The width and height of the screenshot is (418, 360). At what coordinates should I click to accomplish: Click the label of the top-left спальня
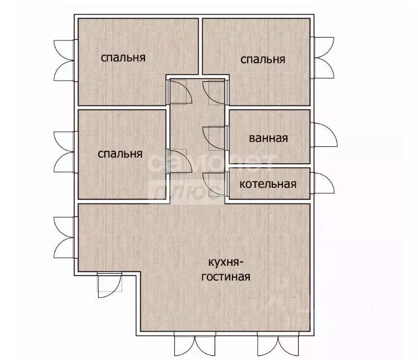[x=123, y=57]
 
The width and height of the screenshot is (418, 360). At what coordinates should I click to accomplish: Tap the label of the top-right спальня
[x=263, y=59]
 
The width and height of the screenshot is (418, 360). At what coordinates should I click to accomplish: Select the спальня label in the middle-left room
[x=120, y=153]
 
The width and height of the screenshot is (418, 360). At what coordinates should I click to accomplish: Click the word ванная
[x=268, y=138]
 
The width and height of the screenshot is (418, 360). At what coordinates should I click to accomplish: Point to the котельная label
[x=268, y=183]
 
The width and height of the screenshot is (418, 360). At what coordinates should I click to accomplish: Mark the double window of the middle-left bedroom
[x=63, y=151]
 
